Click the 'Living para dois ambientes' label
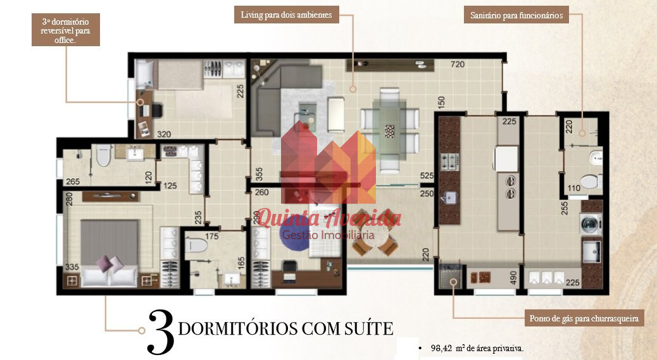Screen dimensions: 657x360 tap(286, 15)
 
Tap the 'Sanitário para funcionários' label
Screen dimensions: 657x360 tap(516, 15)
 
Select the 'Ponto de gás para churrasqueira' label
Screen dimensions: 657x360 tap(584, 318)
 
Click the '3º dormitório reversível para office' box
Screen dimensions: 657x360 tap(65, 30)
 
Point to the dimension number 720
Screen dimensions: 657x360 tap(458, 64)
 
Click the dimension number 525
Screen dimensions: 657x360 tap(427, 176)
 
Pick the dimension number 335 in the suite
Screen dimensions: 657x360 tap(72, 267)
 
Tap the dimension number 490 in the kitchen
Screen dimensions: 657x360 tap(513, 277)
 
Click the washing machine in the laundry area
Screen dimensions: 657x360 tap(591, 224)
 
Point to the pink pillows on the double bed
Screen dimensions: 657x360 tap(109, 264)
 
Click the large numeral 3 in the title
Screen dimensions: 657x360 tap(161, 332)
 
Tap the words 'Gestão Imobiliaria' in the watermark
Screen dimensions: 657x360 tap(328, 235)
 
